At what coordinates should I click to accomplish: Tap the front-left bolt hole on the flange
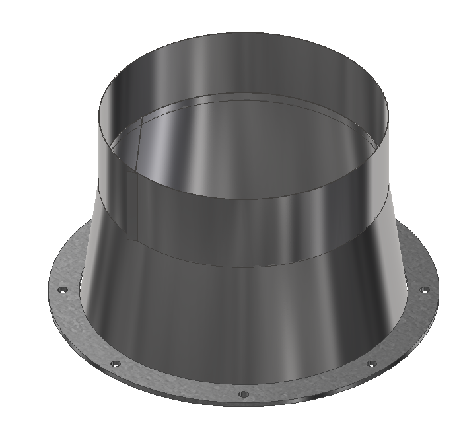click(x=116, y=363)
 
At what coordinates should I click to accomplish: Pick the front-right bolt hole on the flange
click(x=371, y=363)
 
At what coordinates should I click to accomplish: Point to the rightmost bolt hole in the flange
click(x=424, y=289)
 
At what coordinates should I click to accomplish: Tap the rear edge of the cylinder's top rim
click(x=244, y=32)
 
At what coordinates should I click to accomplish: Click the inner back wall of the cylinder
click(x=244, y=66)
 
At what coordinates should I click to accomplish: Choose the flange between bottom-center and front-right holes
click(x=310, y=387)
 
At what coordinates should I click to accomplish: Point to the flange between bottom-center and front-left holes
click(x=175, y=386)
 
